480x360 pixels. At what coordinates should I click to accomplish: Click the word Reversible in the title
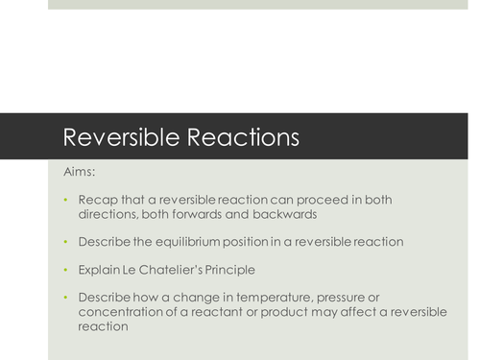(114, 135)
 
